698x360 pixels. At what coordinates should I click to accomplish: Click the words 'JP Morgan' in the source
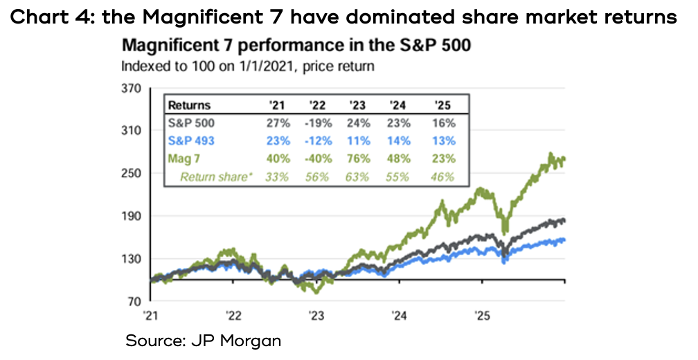[246, 341]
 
